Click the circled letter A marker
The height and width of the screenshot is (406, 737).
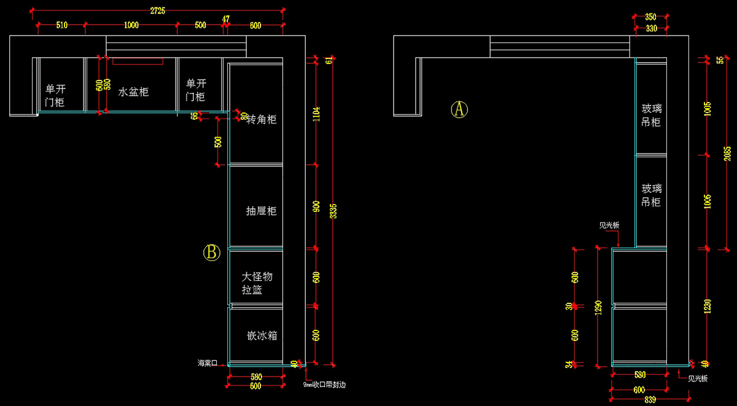pyautogui.click(x=459, y=109)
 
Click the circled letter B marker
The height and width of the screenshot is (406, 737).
pyautogui.click(x=212, y=252)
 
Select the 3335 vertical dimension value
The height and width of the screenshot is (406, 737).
pyautogui.click(x=333, y=211)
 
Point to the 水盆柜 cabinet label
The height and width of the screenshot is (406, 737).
pyautogui.click(x=133, y=92)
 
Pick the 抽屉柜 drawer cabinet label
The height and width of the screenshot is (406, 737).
pyautogui.click(x=261, y=211)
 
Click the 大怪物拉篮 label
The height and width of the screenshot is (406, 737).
pyautogui.click(x=257, y=283)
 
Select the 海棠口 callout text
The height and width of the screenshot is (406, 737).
pyautogui.click(x=207, y=362)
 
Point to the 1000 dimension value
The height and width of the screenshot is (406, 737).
pyautogui.click(x=131, y=25)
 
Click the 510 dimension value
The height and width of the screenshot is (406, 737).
pyautogui.click(x=61, y=25)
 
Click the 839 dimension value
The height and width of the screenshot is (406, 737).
pyautogui.click(x=651, y=400)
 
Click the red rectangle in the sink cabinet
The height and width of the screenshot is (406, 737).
pyautogui.click(x=138, y=61)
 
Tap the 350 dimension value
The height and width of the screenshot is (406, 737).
pyautogui.click(x=651, y=17)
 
